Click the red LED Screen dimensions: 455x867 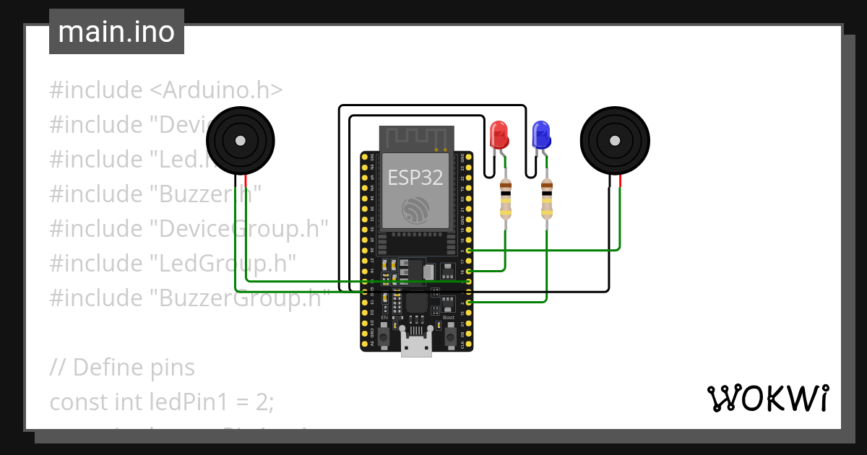pos(499,135)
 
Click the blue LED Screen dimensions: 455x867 pos(541,135)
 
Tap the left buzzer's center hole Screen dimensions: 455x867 pos(241,140)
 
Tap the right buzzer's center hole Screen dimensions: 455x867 pos(615,140)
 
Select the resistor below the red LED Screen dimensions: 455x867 pos(506,199)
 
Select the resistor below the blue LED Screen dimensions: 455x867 pos(547,199)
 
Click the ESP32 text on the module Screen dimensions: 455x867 pos(415,177)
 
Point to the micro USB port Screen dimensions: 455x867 pos(417,347)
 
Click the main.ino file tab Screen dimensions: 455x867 pos(116,32)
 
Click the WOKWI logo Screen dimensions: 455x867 pos(767,398)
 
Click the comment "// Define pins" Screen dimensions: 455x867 pos(122,367)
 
